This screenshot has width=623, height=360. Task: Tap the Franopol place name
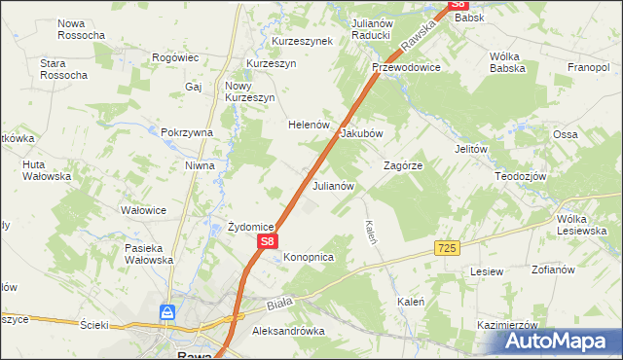point(588,68)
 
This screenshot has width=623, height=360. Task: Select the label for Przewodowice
point(406,68)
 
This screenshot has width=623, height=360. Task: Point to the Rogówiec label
point(176,58)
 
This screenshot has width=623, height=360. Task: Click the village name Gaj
point(192,87)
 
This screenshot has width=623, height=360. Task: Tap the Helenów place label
point(310,126)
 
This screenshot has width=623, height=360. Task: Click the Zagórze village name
point(403,166)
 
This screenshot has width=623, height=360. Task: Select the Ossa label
point(565,133)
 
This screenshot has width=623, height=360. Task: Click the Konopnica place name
point(309,257)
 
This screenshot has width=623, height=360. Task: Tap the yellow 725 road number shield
point(447,250)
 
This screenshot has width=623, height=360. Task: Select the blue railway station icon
point(168,313)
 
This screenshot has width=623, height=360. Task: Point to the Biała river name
point(279,306)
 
